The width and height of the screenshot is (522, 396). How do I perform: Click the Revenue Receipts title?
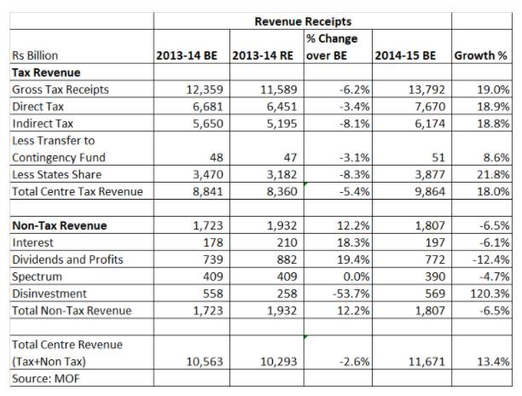[x=303, y=21]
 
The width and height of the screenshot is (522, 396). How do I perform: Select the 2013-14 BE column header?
[x=187, y=55]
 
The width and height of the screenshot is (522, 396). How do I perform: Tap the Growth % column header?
[x=481, y=55]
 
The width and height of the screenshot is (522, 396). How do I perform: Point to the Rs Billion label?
[x=35, y=55]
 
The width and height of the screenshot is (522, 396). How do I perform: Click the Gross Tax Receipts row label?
[x=61, y=90]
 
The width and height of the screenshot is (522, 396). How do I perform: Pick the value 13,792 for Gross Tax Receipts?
[x=426, y=90]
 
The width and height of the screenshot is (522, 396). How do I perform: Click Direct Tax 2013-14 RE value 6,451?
[x=281, y=107]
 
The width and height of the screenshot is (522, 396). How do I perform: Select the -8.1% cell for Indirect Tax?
[x=354, y=124]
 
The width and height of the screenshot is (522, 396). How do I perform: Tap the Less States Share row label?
[x=57, y=174]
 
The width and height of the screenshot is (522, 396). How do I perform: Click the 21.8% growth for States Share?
[x=493, y=174]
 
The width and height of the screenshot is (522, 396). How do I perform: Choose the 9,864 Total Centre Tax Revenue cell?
[x=430, y=191]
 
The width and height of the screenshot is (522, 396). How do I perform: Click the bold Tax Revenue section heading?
[x=46, y=73]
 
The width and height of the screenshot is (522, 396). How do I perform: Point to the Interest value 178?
[x=213, y=242]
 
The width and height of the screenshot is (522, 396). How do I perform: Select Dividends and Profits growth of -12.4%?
[x=491, y=259]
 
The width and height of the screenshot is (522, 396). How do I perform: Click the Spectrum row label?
[x=38, y=277]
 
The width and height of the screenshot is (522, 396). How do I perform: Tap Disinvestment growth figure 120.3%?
[x=490, y=294]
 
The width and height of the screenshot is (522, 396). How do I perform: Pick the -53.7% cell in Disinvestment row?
[x=351, y=294]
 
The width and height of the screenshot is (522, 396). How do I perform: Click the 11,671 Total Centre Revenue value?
[x=426, y=362]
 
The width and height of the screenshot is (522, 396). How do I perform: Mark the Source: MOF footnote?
[x=46, y=379]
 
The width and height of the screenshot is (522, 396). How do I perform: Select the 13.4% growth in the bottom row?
[x=493, y=362]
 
